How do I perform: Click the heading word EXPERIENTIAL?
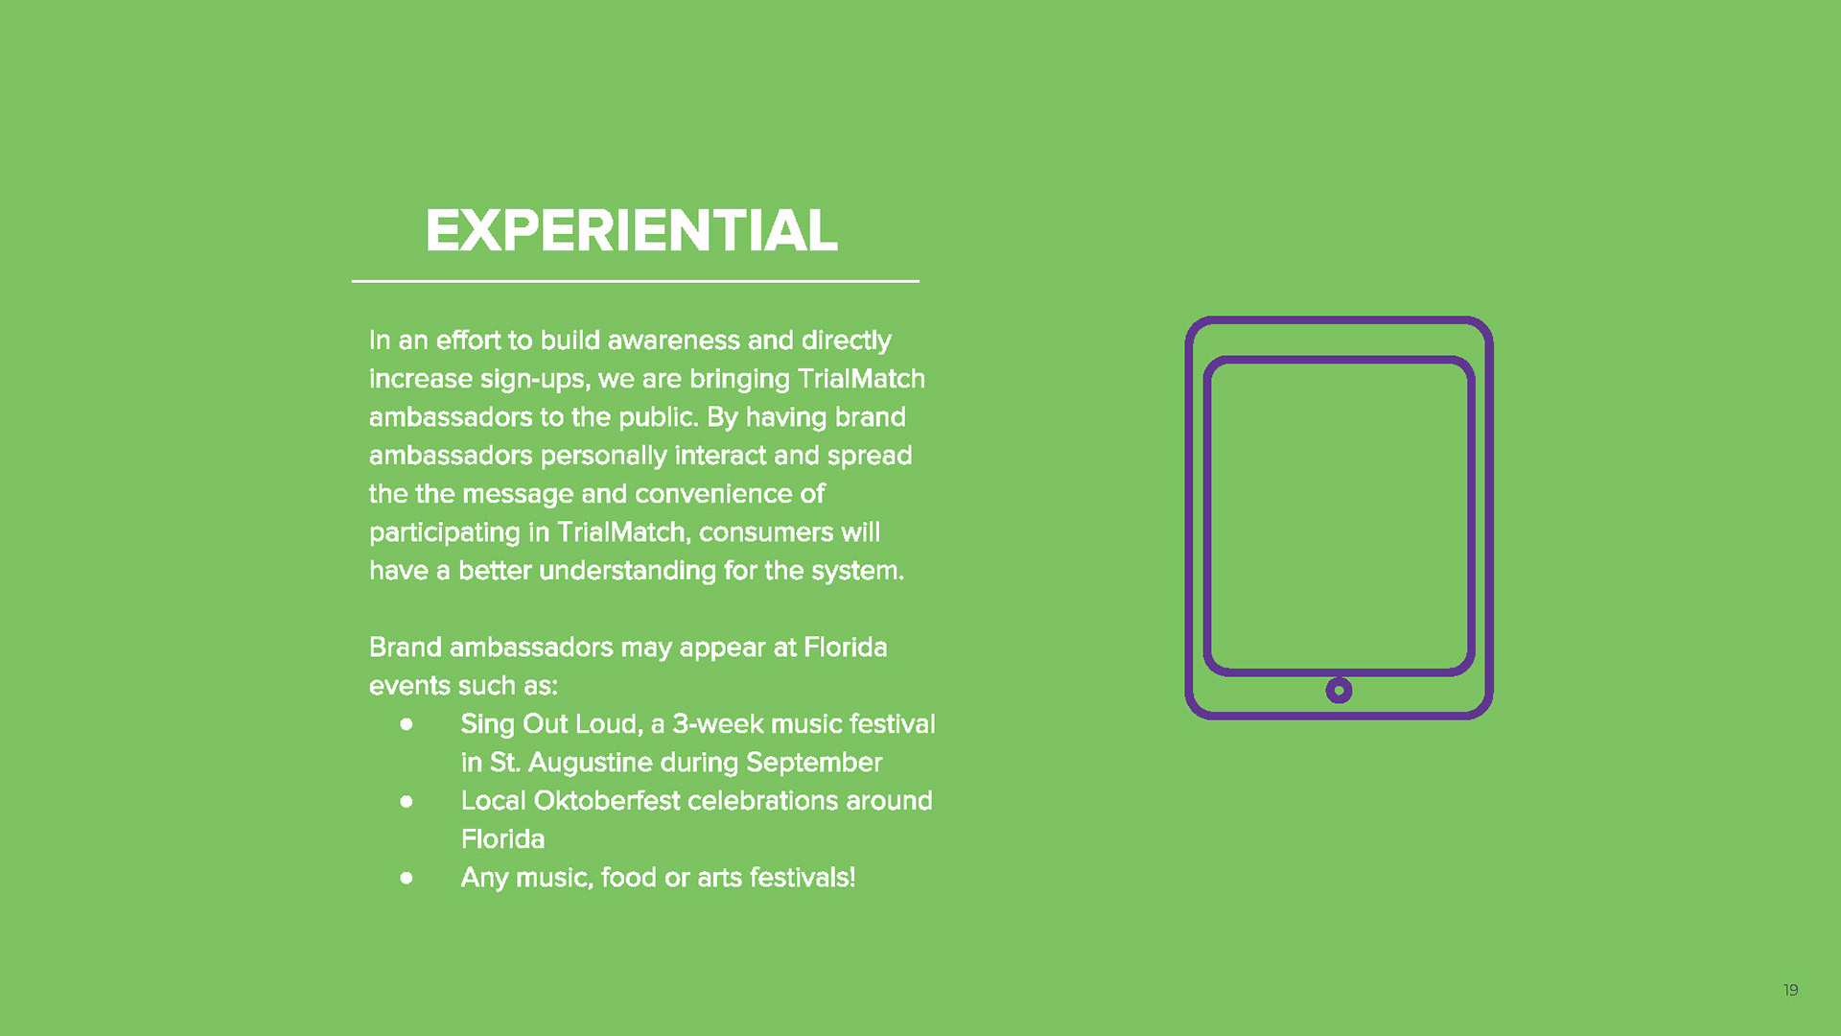coord(632,231)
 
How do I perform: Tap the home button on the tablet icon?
coord(1339,690)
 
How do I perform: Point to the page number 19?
coord(1790,990)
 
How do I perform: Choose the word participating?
coord(445,533)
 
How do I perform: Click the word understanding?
coord(627,572)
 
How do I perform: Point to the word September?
coord(814,764)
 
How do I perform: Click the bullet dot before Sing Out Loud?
coord(407,724)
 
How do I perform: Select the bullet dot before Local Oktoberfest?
coord(407,801)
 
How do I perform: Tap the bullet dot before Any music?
coord(407,878)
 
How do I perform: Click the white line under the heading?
coord(636,281)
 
